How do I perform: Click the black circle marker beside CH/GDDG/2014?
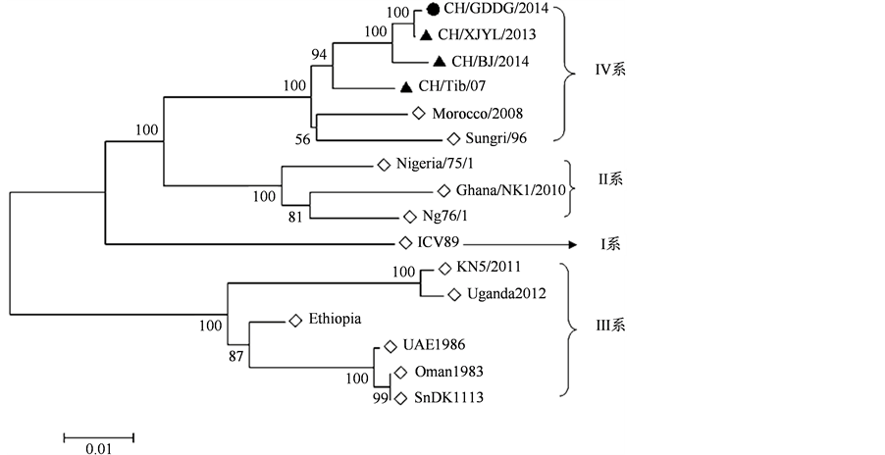(433, 11)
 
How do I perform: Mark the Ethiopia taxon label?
(335, 320)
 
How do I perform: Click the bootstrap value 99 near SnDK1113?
(380, 399)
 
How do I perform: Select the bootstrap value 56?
(302, 140)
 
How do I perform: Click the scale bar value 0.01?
(98, 448)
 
